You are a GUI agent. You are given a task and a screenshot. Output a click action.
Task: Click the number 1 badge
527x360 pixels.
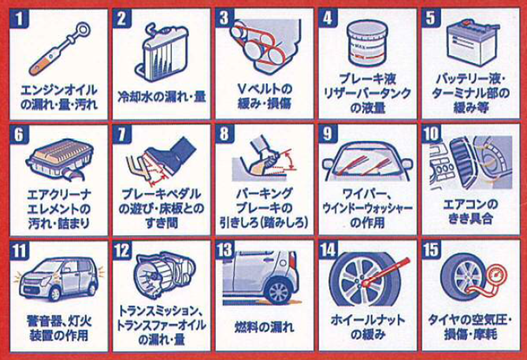click(20, 18)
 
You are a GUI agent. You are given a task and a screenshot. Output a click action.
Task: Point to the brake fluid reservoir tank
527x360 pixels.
click(367, 43)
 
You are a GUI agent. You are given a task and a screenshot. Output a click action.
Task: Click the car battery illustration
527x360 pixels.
click(472, 42)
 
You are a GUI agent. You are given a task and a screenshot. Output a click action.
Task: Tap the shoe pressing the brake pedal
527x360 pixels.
click(172, 154)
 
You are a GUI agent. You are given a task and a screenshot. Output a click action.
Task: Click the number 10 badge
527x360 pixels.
click(432, 134)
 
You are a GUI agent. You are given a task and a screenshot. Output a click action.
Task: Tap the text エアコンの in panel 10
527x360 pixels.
click(470, 204)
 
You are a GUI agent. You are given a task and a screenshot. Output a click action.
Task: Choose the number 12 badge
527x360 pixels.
click(122, 251)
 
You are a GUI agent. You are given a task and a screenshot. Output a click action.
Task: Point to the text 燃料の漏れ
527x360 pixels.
click(265, 327)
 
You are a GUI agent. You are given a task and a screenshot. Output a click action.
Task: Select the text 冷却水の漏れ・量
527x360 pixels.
click(161, 96)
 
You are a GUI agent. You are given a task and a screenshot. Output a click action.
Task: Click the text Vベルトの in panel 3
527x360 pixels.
click(265, 89)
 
